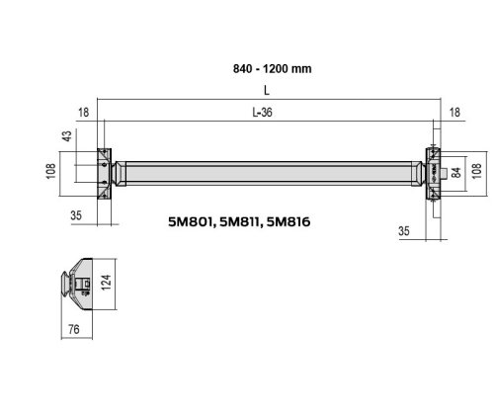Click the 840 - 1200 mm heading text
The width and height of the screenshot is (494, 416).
coord(272,69)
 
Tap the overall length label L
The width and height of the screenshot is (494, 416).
coord(267,90)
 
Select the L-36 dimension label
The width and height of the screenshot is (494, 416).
coord(262,113)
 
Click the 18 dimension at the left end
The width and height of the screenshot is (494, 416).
coord(83,113)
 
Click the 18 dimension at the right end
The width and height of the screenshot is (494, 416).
coord(454,113)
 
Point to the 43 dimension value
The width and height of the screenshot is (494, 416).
coord(67,136)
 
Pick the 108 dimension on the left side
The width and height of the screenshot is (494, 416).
coord(51,171)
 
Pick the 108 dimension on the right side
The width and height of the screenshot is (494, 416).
coord(476,171)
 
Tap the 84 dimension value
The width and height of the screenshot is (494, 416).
coord(455,172)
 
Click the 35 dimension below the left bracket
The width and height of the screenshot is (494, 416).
coord(76,215)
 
